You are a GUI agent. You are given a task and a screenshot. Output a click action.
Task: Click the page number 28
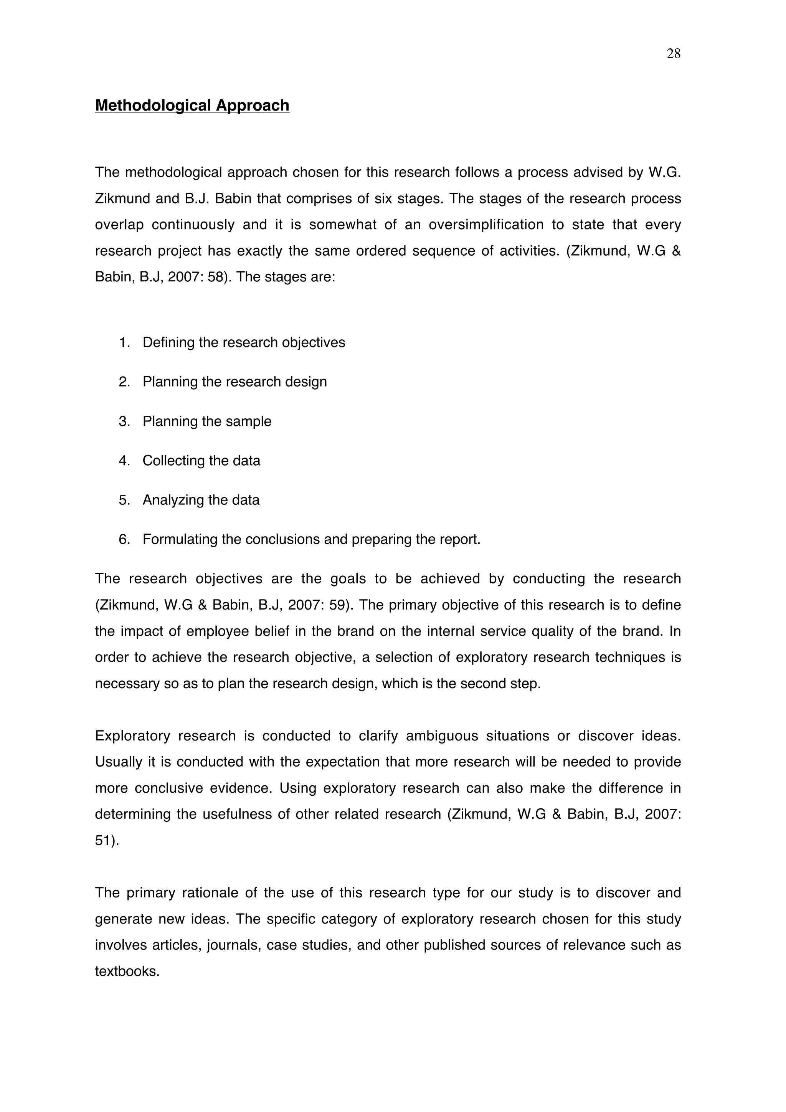pyautogui.click(x=673, y=54)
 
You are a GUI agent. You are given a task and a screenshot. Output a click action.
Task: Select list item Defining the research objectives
pyautogui.click(x=244, y=342)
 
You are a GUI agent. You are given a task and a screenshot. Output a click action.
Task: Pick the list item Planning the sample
pyautogui.click(x=207, y=421)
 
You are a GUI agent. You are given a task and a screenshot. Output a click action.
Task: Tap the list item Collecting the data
pyautogui.click(x=201, y=461)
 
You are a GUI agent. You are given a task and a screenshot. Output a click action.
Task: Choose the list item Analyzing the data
pyautogui.click(x=200, y=500)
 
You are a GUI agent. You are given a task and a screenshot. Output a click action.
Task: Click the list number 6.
pyautogui.click(x=124, y=539)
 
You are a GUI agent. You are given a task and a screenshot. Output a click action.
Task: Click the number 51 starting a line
pyautogui.click(x=103, y=840)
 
